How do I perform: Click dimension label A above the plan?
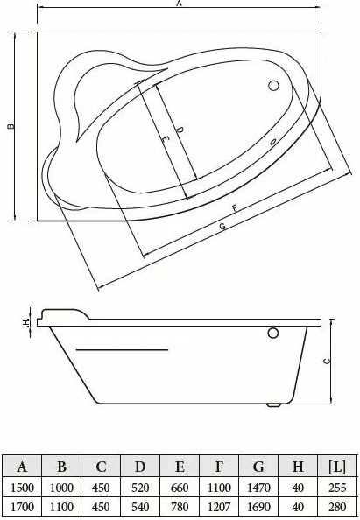tap(179, 4)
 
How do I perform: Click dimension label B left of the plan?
tap(10, 127)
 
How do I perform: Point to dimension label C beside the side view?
tap(327, 360)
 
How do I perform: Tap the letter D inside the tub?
tap(179, 130)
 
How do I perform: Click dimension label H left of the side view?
tap(26, 322)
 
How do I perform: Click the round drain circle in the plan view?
tap(272, 87)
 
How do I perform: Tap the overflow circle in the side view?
tap(272, 334)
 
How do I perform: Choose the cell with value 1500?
tap(22, 488)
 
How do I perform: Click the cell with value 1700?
tap(22, 507)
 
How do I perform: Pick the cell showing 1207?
tap(219, 507)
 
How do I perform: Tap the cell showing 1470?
tap(258, 488)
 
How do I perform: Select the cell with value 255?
tap(335, 488)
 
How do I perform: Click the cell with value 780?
tap(180, 507)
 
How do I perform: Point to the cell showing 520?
tap(140, 488)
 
